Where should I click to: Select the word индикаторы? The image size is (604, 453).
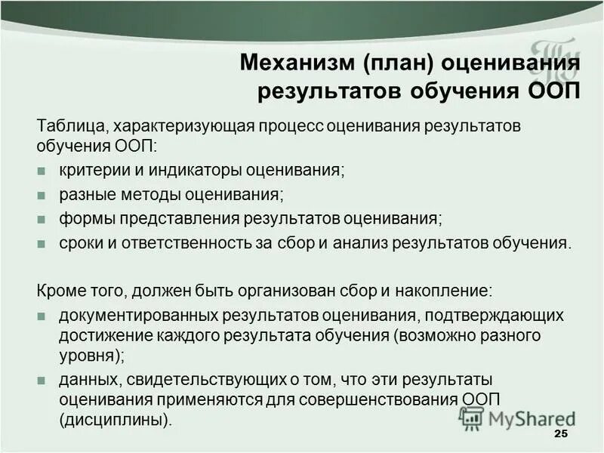pyautogui.click(x=182, y=170)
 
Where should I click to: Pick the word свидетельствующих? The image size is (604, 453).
pyautogui.click(x=193, y=378)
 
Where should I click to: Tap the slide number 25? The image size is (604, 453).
pyautogui.click(x=560, y=433)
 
